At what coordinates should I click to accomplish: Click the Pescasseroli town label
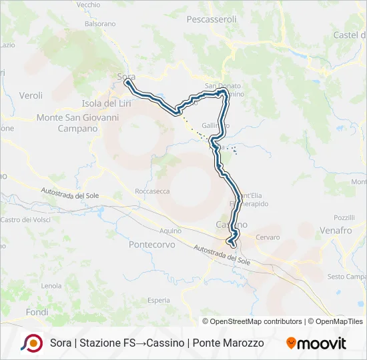[x=212, y=19]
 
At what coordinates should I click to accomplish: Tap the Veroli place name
[x=31, y=95]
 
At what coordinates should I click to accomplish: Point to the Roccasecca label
[x=152, y=191]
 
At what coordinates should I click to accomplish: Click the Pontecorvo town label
[x=152, y=245]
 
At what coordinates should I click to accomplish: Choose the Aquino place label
[x=170, y=230]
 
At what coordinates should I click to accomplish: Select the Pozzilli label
[x=344, y=217]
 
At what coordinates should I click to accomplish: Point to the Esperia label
[x=159, y=300]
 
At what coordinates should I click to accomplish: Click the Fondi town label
[x=37, y=311]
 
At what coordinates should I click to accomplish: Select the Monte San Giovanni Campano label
[x=77, y=123]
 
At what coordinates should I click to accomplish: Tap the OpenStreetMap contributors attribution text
[x=256, y=321]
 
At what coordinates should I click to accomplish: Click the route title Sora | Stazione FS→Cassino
[x=157, y=343]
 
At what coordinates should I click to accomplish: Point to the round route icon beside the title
[x=32, y=343]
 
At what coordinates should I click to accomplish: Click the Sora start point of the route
[x=126, y=83]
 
